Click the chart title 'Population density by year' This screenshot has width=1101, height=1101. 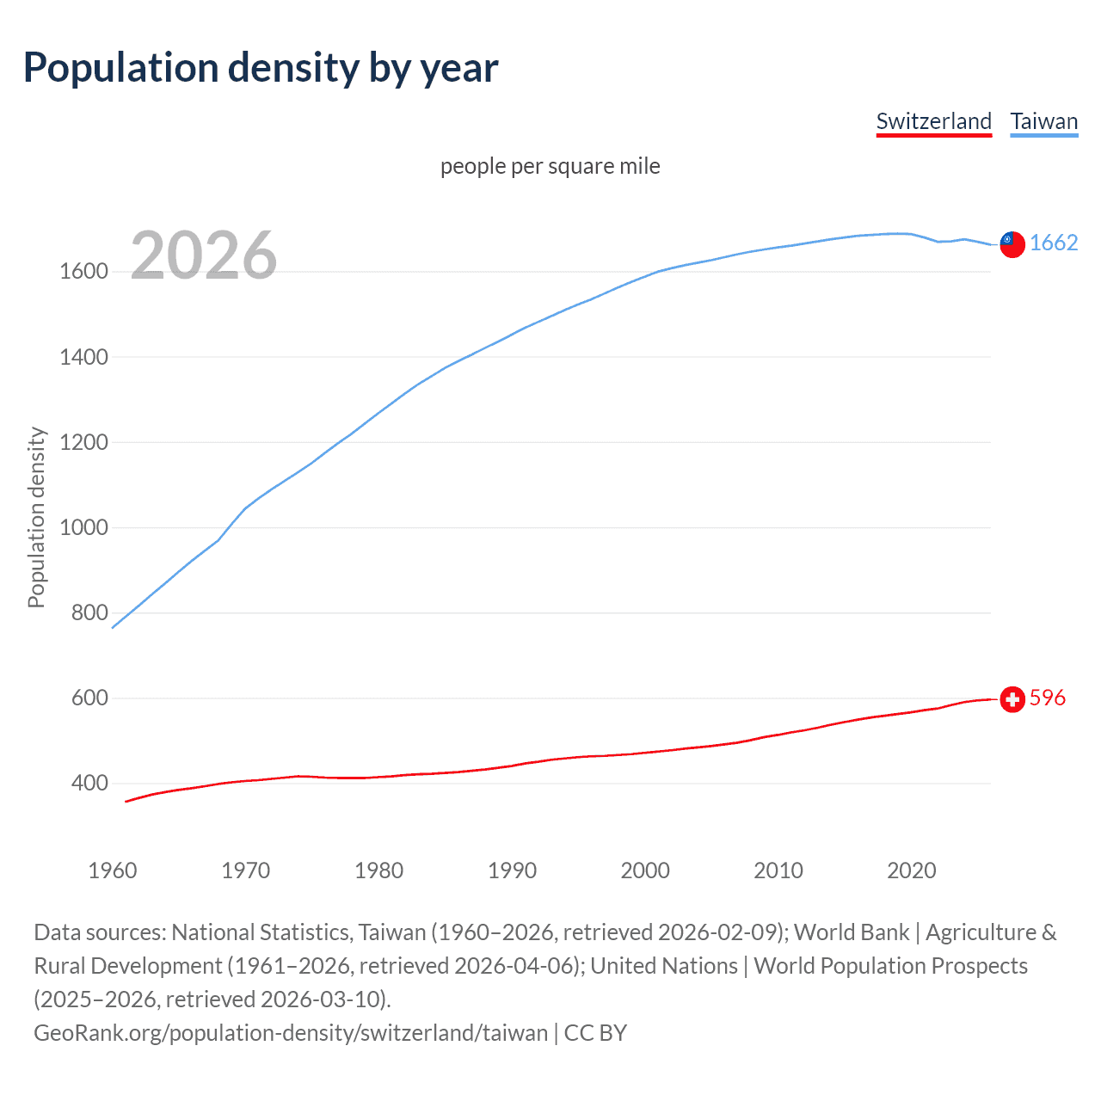tap(261, 68)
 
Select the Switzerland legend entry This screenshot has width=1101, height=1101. tap(933, 121)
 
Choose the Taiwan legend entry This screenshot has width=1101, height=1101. tap(1043, 121)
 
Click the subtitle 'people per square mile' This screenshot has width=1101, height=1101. tap(550, 166)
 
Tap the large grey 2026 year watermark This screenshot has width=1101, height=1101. tap(204, 255)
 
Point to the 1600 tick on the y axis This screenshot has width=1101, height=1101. tap(83, 272)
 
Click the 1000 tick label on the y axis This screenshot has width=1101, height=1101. tap(83, 527)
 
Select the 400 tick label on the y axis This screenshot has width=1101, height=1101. tap(89, 783)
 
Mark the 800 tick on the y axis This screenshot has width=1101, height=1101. tap(89, 612)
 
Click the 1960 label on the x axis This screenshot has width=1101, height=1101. tap(113, 870)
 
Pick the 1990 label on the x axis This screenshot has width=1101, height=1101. tap(512, 870)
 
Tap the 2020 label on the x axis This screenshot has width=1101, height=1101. tap(911, 870)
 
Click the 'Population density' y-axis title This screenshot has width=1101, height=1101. tap(36, 518)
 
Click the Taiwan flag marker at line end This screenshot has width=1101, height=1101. tap(1012, 244)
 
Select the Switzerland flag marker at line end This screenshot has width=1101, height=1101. tap(1012, 699)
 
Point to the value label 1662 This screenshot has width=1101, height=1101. tap(1054, 243)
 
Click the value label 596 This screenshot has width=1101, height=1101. tap(1047, 698)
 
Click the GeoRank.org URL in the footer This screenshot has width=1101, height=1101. tap(291, 1032)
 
